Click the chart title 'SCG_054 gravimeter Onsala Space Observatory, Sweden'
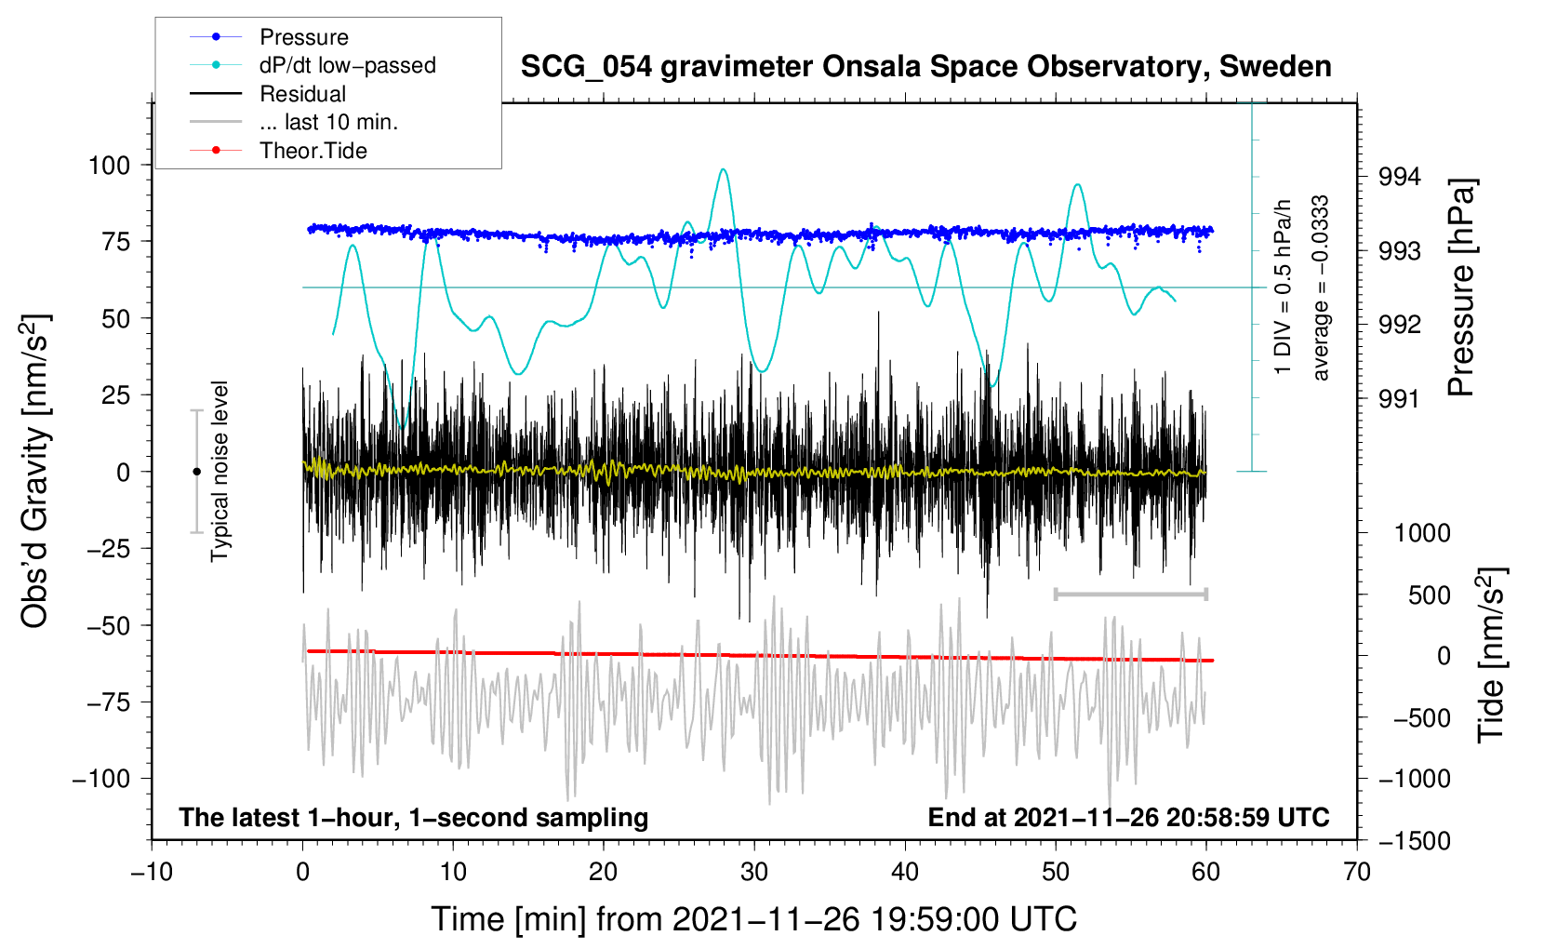point(925,68)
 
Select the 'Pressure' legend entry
point(304,36)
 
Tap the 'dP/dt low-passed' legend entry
point(348,65)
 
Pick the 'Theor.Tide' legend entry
point(313,151)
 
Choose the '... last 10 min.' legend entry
point(328,122)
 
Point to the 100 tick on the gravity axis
point(110,166)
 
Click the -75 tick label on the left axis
point(108,702)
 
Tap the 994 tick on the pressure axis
point(1399,178)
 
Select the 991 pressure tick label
point(1399,398)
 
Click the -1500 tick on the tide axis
point(1415,841)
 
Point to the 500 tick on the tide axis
point(1429,595)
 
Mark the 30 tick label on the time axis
point(754,873)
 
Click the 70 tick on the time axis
point(1356,873)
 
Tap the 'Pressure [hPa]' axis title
point(1461,287)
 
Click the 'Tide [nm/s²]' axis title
point(1492,655)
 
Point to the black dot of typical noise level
point(196,472)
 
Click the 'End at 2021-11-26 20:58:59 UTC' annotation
point(1128,817)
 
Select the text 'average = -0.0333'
point(1320,287)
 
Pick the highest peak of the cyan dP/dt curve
point(723,169)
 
